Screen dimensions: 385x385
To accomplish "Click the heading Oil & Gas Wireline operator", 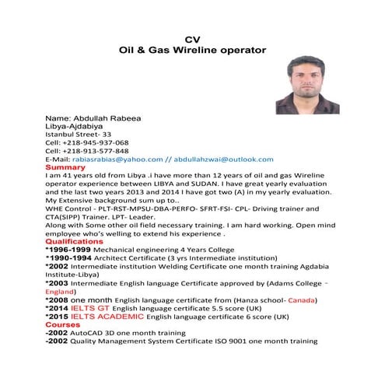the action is (192, 49).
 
